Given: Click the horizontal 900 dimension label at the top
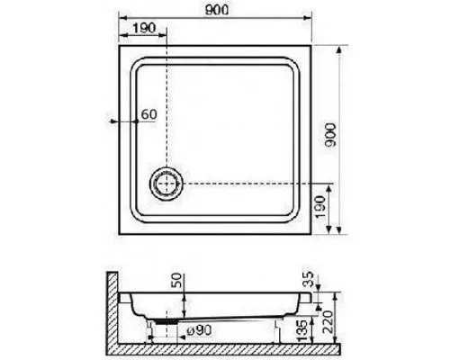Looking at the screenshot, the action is pyautogui.click(x=217, y=10).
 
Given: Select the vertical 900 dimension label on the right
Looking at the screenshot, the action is pyautogui.click(x=330, y=135).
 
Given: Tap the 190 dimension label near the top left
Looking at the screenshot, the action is pyautogui.click(x=144, y=28).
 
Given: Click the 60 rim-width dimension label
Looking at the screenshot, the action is pyautogui.click(x=149, y=114).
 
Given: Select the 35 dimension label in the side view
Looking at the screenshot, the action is pyautogui.click(x=308, y=279).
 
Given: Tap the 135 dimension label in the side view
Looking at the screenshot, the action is pyautogui.click(x=302, y=330).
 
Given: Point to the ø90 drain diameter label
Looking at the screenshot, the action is pyautogui.click(x=199, y=330).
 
